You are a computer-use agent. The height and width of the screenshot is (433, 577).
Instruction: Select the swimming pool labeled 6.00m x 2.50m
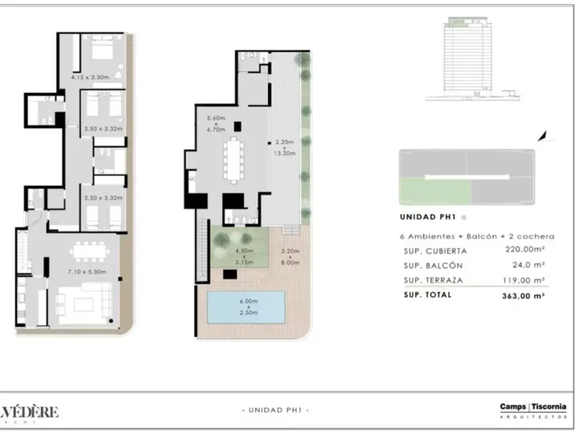(245, 307)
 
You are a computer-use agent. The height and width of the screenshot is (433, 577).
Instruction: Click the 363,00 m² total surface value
(523, 295)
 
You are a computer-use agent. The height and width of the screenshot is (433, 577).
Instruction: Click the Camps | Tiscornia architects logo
(533, 410)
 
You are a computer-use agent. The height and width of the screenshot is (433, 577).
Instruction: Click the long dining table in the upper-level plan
(234, 160)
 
